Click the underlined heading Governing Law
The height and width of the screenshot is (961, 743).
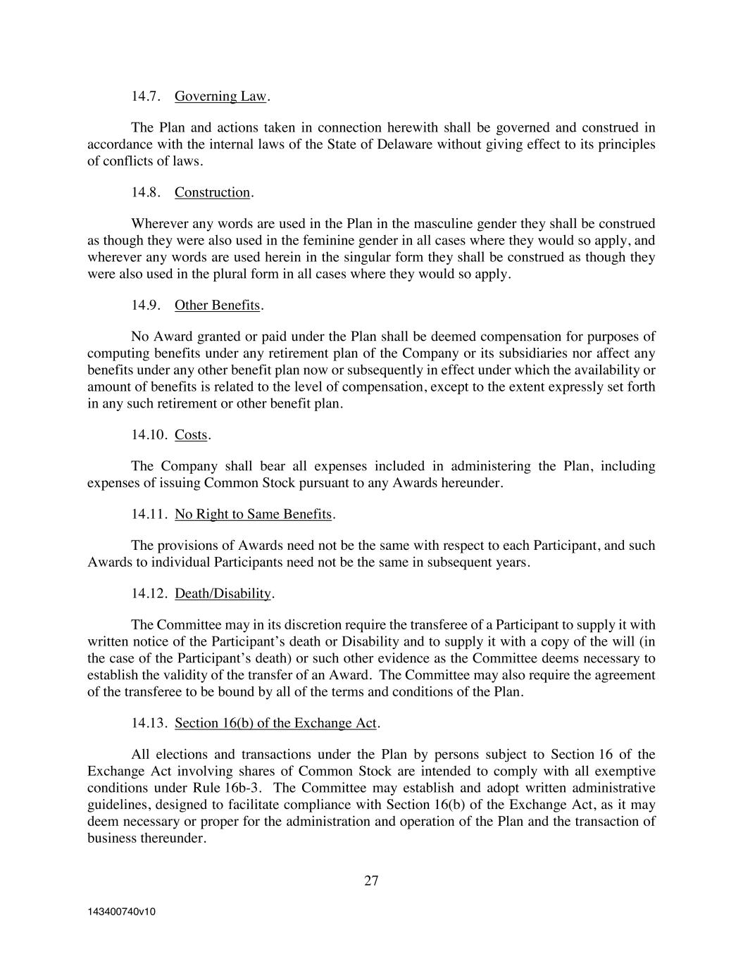(220, 96)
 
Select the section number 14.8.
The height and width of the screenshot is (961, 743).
(146, 192)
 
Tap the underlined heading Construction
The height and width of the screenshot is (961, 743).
(212, 192)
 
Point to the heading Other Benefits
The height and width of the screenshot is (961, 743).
(217, 305)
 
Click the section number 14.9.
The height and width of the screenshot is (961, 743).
(146, 305)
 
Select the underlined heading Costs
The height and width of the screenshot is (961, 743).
(191, 434)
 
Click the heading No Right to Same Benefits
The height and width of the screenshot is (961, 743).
(253, 514)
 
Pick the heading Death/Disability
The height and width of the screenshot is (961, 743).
(223, 593)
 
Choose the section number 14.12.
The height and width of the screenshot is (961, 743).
(149, 593)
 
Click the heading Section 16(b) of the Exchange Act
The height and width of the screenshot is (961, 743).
(276, 723)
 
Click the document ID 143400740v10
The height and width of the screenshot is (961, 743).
(121, 912)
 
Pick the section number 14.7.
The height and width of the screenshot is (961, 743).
(146, 96)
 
